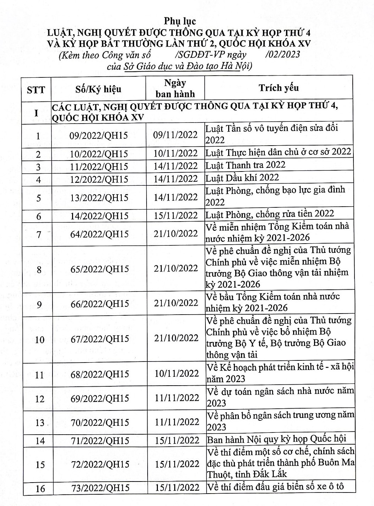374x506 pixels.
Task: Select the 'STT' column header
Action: [36, 89]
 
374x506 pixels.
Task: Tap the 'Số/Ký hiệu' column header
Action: [98, 89]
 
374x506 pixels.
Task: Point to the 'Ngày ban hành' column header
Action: [175, 88]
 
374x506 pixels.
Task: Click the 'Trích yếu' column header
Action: [279, 88]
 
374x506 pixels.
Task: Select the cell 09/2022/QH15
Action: [99, 136]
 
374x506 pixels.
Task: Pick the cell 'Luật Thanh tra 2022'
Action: [246, 165]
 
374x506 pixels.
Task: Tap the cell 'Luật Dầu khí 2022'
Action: [242, 178]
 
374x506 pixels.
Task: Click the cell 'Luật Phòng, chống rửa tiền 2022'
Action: [270, 213]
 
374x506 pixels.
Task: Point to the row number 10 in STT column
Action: [40, 340]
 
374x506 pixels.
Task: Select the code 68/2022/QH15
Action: [100, 374]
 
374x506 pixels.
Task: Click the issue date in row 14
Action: [177, 440]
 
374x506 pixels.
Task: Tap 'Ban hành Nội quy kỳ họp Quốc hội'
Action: [276, 439]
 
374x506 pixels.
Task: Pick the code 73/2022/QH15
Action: [100, 488]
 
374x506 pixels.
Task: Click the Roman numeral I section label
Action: [36, 113]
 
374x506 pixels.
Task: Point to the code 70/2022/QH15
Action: [100, 422]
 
